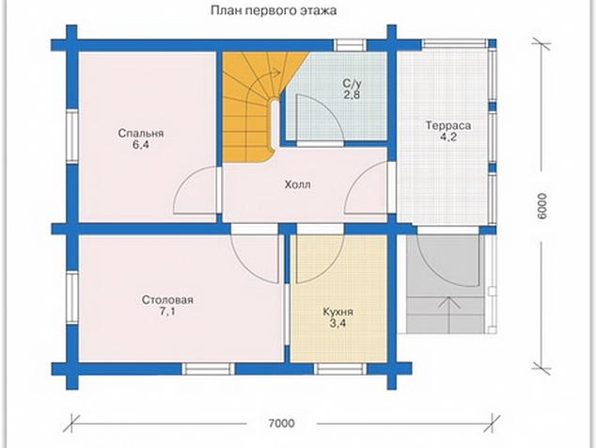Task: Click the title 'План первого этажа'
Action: [x=274, y=11]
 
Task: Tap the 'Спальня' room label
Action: [x=141, y=134]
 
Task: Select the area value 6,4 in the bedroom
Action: [x=141, y=145]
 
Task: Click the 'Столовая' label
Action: [x=167, y=300]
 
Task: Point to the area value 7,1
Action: [x=167, y=312]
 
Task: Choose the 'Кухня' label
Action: [x=337, y=312]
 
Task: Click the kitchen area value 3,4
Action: [x=337, y=324]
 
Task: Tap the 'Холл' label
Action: [x=298, y=185]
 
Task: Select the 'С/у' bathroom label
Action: [x=352, y=83]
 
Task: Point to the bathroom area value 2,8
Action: [x=352, y=95]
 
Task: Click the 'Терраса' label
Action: [x=448, y=125]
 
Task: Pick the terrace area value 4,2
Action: [x=448, y=137]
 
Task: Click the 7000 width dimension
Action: [x=281, y=424]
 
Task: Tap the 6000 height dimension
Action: [x=542, y=206]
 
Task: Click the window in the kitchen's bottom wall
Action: [x=340, y=368]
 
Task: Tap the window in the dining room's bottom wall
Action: [x=208, y=368]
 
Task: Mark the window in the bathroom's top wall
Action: [x=350, y=45]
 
